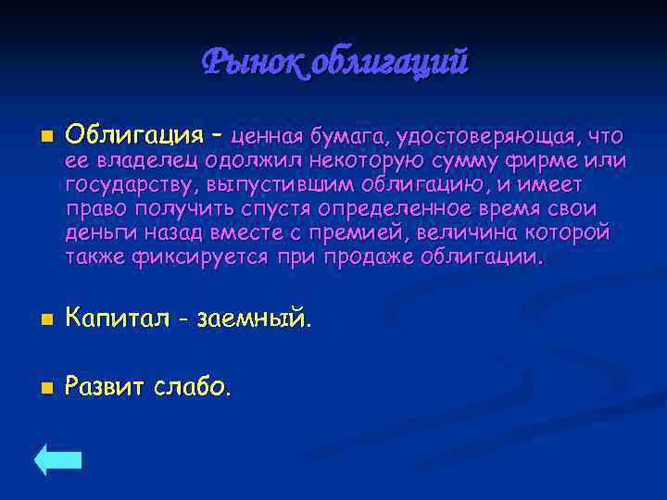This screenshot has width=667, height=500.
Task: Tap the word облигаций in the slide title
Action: click(x=389, y=63)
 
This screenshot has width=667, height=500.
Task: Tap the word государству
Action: click(x=132, y=185)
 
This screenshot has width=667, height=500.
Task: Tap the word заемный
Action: click(x=251, y=320)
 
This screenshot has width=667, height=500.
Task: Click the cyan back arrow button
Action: click(x=58, y=459)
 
